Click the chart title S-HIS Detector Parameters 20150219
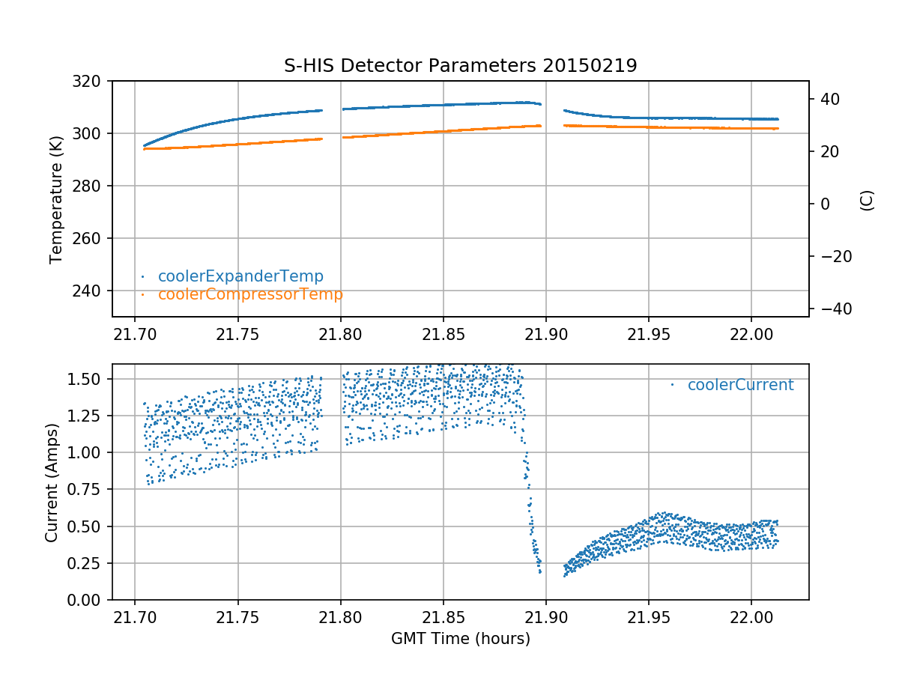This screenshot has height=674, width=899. coord(460,66)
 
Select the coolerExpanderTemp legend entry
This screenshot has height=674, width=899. coord(240,276)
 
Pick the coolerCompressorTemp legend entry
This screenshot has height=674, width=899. coord(249,294)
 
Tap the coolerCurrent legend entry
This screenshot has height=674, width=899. coord(739,385)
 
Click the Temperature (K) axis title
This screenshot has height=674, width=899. coord(55,198)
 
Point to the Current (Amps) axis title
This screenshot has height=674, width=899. coord(51,482)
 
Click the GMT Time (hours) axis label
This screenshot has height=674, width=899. coord(460,639)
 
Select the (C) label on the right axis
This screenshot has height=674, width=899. coord(867,199)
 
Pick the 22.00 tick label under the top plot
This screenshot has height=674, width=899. coord(751,333)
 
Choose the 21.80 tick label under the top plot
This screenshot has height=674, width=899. coord(340,333)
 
